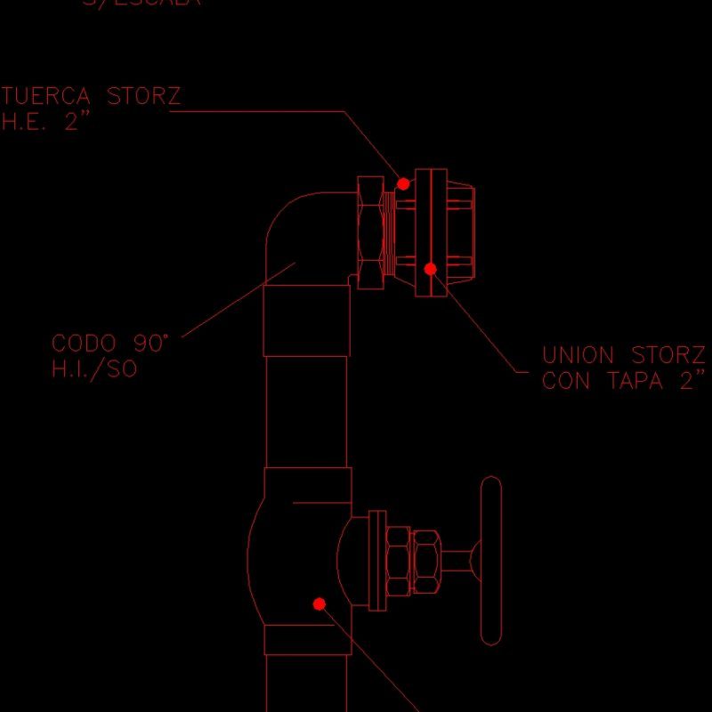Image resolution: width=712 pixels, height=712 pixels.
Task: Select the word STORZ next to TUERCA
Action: tap(144, 96)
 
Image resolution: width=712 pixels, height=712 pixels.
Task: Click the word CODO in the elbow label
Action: tap(84, 344)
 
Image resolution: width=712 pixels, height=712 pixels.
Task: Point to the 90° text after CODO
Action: tap(151, 343)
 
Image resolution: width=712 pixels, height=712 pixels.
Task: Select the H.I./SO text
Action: tap(95, 369)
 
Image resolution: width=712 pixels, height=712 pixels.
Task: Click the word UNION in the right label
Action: tap(578, 356)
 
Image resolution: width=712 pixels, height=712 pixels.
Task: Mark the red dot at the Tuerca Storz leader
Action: tap(403, 184)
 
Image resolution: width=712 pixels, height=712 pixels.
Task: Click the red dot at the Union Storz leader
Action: tap(430, 269)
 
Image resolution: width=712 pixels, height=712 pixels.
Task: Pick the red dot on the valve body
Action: tap(320, 603)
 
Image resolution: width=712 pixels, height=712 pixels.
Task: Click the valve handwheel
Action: tap(490, 561)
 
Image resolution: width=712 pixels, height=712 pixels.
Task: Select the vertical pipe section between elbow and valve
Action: tap(307, 409)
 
